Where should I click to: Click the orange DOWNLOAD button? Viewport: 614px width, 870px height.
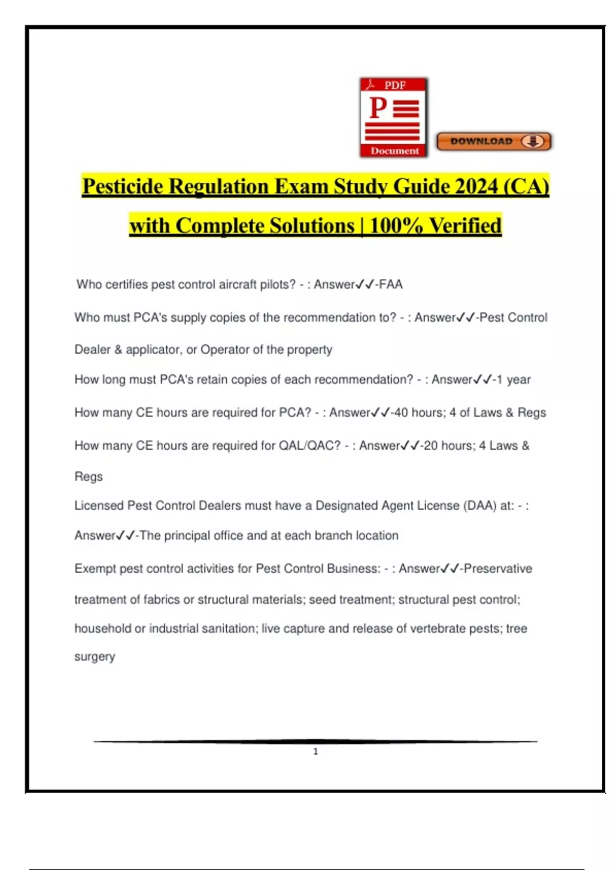(493, 141)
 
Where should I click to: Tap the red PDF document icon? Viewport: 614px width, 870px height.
(393, 118)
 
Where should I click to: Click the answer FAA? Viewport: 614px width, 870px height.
(391, 285)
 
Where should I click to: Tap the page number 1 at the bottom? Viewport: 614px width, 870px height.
(316, 751)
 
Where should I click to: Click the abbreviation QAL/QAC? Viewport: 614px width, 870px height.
(309, 446)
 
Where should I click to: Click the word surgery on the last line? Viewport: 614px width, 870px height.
(95, 657)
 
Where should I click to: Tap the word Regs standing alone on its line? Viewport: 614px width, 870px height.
(89, 476)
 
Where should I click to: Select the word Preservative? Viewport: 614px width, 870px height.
(498, 569)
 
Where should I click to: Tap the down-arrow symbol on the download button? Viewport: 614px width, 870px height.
(533, 141)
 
